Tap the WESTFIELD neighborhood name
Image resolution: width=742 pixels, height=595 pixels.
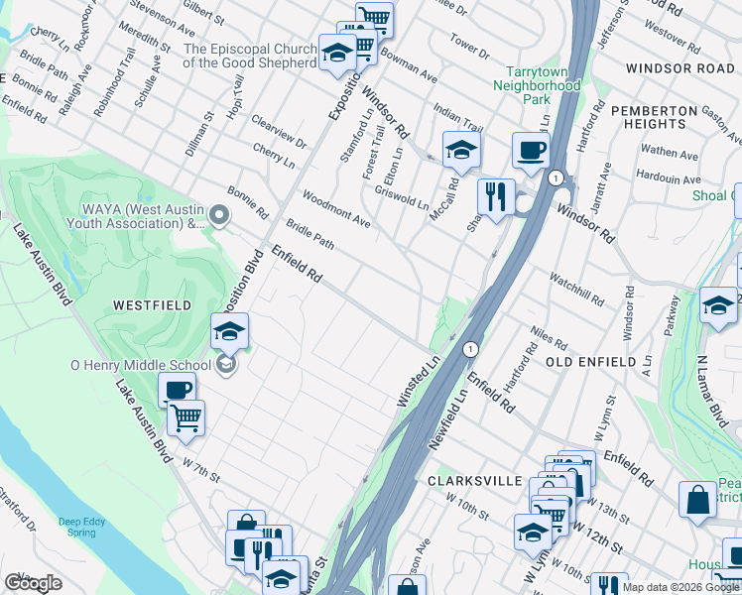click(152, 305)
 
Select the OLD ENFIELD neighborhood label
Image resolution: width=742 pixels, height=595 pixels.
click(590, 363)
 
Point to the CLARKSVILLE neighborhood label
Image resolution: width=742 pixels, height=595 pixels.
click(474, 480)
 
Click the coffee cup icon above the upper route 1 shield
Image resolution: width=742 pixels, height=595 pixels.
click(530, 150)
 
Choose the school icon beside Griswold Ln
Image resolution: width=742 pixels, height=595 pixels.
click(461, 150)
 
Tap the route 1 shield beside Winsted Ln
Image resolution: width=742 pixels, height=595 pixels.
click(471, 349)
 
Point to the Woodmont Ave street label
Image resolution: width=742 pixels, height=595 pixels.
click(336, 209)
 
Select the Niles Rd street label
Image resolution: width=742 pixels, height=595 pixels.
click(549, 342)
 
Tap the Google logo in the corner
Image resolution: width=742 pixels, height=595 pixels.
click(33, 583)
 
